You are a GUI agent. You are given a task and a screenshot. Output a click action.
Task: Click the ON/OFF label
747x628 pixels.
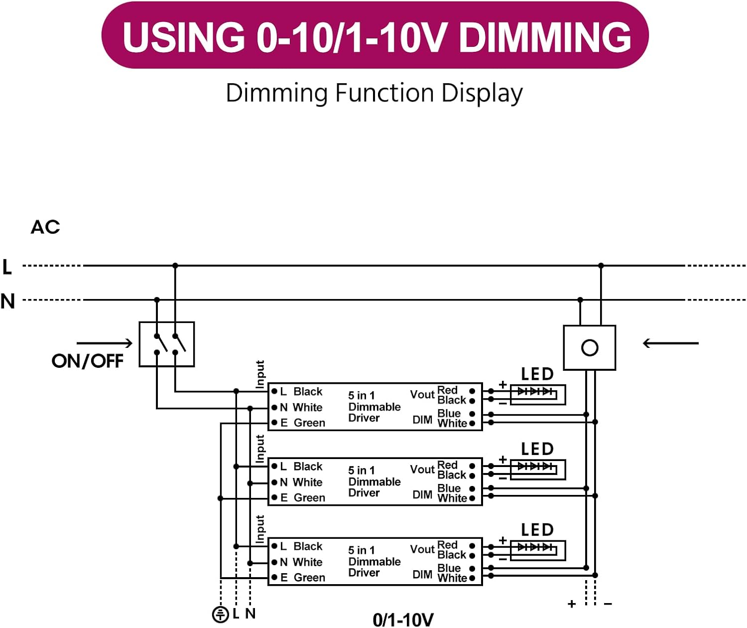[x=88, y=360]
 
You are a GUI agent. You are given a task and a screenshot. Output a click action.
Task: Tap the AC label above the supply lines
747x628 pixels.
[x=45, y=227]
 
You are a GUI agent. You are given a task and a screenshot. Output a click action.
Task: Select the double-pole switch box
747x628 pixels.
[x=167, y=344]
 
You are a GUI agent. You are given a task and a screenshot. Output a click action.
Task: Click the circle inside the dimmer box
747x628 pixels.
[x=590, y=348]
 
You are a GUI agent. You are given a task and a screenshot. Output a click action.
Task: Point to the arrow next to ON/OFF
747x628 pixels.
[x=105, y=343]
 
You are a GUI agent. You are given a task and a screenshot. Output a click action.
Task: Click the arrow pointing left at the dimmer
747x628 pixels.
[x=670, y=343]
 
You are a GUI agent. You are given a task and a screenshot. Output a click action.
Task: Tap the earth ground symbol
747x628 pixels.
[x=221, y=615]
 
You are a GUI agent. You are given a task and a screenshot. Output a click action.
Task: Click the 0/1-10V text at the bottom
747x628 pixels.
[x=403, y=620]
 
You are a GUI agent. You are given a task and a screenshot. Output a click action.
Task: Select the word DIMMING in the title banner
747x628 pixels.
[x=545, y=37]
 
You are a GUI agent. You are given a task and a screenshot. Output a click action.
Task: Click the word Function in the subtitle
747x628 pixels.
[x=384, y=93]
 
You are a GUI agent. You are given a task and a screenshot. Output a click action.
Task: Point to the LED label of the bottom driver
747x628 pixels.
[x=537, y=530]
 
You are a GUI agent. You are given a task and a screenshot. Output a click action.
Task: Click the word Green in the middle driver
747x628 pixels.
[x=309, y=498]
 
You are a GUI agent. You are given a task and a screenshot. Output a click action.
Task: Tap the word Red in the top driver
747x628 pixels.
[x=447, y=390]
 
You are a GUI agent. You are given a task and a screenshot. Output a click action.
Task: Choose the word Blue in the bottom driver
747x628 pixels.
[x=449, y=568]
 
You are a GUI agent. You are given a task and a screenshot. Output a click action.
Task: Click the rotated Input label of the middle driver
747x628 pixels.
[x=260, y=449]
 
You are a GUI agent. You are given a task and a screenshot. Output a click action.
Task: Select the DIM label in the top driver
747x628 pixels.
[x=422, y=420]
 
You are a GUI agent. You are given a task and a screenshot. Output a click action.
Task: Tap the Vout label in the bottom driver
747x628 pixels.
[x=422, y=549]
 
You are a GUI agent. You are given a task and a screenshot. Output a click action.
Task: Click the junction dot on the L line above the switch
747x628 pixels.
[x=175, y=266]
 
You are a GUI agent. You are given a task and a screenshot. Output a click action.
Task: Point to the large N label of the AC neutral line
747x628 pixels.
[x=7, y=301]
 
